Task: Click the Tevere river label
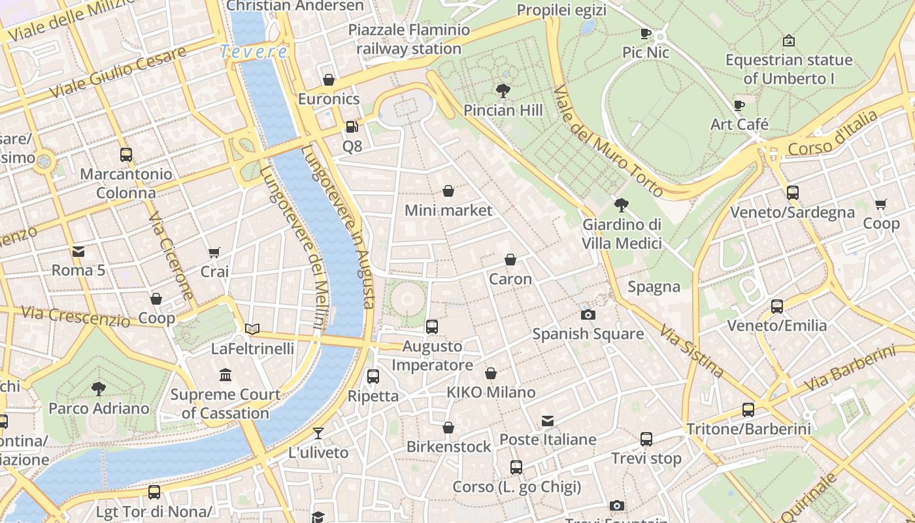(x=254, y=52)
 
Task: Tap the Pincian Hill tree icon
(x=503, y=90)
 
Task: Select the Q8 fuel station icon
(x=352, y=126)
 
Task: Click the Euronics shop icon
(x=329, y=80)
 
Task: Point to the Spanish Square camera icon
(x=588, y=314)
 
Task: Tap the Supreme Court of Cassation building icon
(x=225, y=375)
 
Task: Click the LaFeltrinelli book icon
(x=252, y=329)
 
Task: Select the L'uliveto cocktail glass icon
(x=318, y=433)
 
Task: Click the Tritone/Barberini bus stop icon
(x=748, y=410)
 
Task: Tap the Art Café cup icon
(x=739, y=105)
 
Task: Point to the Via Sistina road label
(x=691, y=351)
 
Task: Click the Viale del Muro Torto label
(x=608, y=141)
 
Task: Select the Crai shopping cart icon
(x=214, y=252)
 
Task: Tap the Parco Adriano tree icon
(x=99, y=389)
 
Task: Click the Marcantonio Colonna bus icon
(x=126, y=155)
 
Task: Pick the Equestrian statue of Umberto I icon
(x=789, y=41)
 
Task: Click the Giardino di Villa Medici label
(x=622, y=234)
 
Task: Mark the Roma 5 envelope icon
(x=78, y=251)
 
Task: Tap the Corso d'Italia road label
(x=833, y=134)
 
